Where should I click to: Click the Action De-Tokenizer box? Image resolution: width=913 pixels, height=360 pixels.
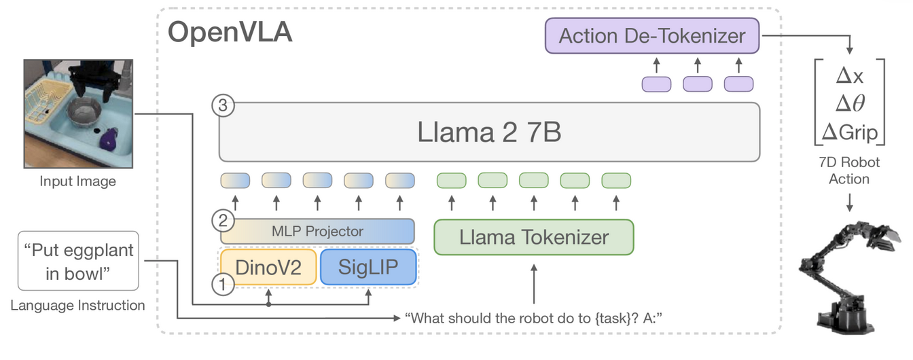pyautogui.click(x=652, y=35)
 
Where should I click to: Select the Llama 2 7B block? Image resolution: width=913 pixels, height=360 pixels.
pyautogui.click(x=490, y=132)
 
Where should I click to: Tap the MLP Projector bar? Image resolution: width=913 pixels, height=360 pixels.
pyautogui.click(x=317, y=231)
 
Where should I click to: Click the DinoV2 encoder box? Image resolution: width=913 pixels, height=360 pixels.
pyautogui.click(x=268, y=267)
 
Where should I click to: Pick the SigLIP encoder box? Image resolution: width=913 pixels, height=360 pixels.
pyautogui.click(x=368, y=267)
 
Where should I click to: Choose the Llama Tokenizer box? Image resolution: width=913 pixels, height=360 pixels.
pyautogui.click(x=534, y=237)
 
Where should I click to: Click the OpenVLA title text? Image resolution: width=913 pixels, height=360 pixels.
pyautogui.click(x=230, y=32)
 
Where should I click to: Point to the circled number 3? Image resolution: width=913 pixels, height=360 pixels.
pyautogui.click(x=223, y=105)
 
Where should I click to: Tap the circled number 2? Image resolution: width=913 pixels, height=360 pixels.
pyautogui.click(x=223, y=221)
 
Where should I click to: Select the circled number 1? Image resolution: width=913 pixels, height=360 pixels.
pyautogui.click(x=223, y=284)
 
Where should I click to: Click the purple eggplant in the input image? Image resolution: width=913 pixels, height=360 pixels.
pyautogui.click(x=109, y=139)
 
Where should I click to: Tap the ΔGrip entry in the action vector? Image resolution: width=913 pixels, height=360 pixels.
pyautogui.click(x=849, y=132)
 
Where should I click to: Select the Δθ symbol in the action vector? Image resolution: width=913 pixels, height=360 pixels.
pyautogui.click(x=850, y=103)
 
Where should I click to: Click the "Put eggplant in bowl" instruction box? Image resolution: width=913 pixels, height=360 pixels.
pyautogui.click(x=78, y=261)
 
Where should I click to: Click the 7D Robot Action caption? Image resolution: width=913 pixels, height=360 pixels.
pyautogui.click(x=849, y=170)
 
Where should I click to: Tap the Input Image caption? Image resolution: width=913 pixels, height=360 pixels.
pyautogui.click(x=78, y=181)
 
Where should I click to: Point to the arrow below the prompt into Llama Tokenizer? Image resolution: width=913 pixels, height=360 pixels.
pyautogui.click(x=534, y=284)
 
